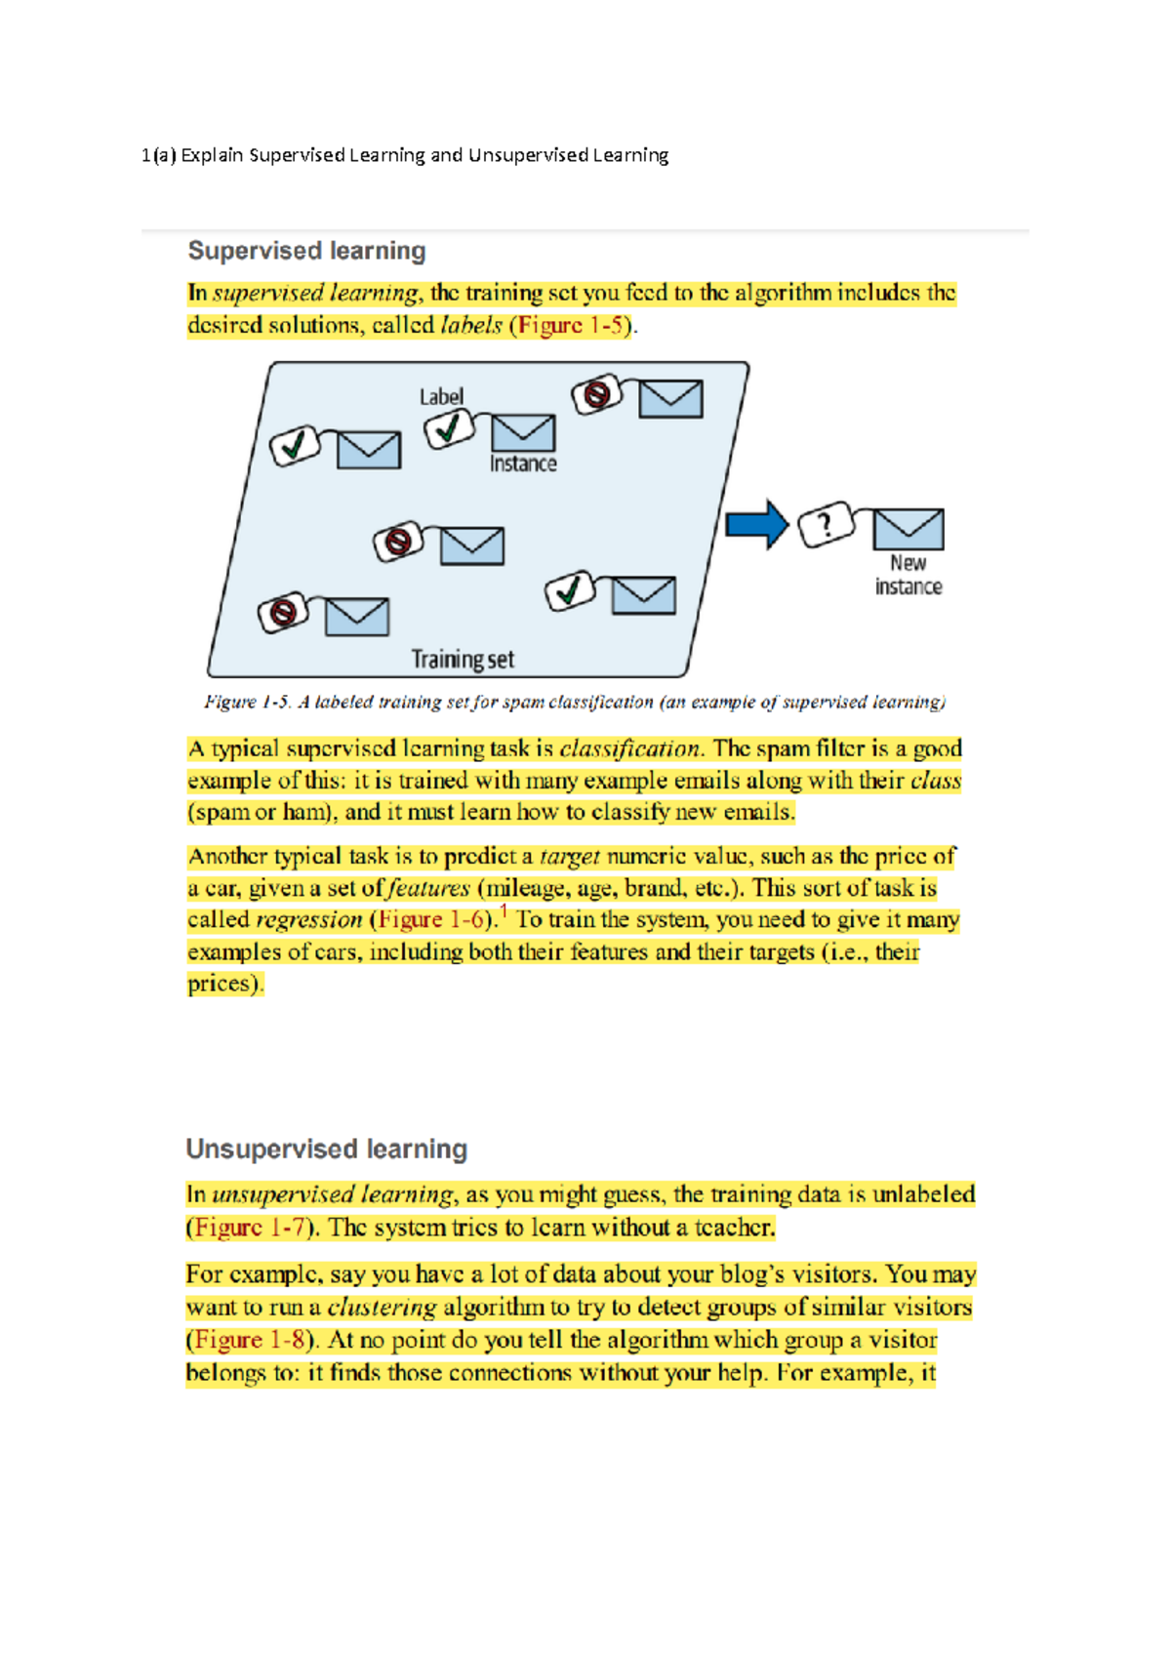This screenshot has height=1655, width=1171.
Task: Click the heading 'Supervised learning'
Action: [306, 251]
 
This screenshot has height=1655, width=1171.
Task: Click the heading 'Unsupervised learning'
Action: [326, 1149]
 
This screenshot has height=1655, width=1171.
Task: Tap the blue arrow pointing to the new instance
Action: [756, 525]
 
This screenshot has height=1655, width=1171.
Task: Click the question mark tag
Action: [826, 526]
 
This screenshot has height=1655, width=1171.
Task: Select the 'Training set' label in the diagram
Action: [463, 660]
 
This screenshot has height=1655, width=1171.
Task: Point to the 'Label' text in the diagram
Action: [441, 396]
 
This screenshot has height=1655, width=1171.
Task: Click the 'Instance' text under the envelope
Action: [523, 464]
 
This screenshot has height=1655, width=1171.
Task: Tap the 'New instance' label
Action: [908, 575]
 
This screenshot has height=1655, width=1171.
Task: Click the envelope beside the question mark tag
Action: [908, 528]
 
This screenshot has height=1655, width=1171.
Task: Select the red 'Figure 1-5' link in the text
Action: [571, 325]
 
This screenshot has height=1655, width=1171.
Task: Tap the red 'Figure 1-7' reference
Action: [250, 1227]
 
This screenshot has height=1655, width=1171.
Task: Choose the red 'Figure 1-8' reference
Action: [250, 1340]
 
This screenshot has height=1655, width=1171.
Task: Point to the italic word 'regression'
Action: [308, 919]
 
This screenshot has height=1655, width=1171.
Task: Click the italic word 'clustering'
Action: [382, 1308]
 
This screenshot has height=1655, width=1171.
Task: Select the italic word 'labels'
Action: [471, 325]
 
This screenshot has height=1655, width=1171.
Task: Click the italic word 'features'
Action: [428, 888]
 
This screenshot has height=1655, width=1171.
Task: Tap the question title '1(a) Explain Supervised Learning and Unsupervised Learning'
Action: [405, 155]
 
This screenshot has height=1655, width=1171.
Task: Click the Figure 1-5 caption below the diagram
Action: [575, 702]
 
